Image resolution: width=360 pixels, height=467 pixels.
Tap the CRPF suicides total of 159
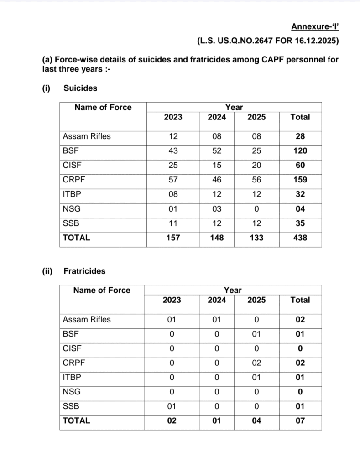tap(300, 180)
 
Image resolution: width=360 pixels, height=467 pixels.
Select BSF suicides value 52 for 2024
tap(217, 150)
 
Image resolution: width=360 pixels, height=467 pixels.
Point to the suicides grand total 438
tap(300, 238)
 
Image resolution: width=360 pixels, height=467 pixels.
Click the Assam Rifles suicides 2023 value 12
tap(173, 136)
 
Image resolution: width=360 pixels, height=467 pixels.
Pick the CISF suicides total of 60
tap(300, 165)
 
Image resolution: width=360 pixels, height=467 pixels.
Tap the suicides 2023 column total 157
tap(173, 238)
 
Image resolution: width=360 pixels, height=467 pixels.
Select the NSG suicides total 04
tap(300, 209)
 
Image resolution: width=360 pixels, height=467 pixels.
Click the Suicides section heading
tap(80, 88)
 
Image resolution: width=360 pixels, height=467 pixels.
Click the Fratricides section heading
tap(84, 271)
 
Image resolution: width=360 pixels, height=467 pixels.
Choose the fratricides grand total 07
tap(300, 420)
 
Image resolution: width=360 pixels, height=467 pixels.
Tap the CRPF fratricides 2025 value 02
tap(256, 363)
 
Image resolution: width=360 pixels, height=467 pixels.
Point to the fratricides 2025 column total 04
tap(256, 420)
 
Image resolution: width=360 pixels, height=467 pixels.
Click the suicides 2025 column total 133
tap(256, 238)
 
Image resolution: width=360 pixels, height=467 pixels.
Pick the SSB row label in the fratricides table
tap(70, 406)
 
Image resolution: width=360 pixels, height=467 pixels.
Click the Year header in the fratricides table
tap(233, 290)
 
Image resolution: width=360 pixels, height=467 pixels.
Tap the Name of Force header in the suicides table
tap(103, 107)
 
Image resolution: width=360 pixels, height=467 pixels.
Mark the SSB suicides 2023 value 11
tap(173, 223)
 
